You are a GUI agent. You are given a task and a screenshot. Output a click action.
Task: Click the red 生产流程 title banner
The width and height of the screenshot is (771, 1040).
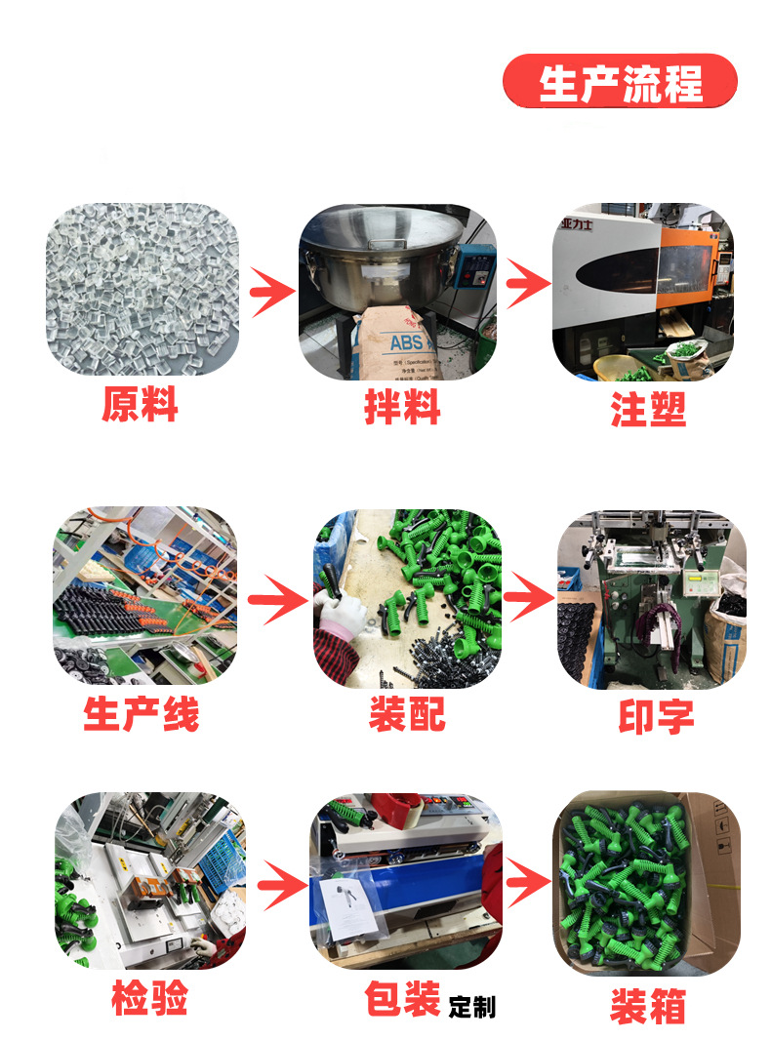620,82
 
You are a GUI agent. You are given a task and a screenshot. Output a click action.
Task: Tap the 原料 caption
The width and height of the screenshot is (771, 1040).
141,404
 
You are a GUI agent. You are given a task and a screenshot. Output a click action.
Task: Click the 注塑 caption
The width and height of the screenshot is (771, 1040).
649,408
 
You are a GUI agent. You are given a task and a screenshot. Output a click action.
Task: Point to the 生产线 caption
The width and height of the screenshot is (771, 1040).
142,713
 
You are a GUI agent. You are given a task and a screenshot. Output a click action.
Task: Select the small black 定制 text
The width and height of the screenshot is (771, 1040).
472,1007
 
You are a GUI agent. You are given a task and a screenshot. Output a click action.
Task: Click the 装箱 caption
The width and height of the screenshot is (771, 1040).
648,1006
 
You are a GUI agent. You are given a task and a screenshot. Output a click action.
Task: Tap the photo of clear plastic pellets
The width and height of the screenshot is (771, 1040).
142,289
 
